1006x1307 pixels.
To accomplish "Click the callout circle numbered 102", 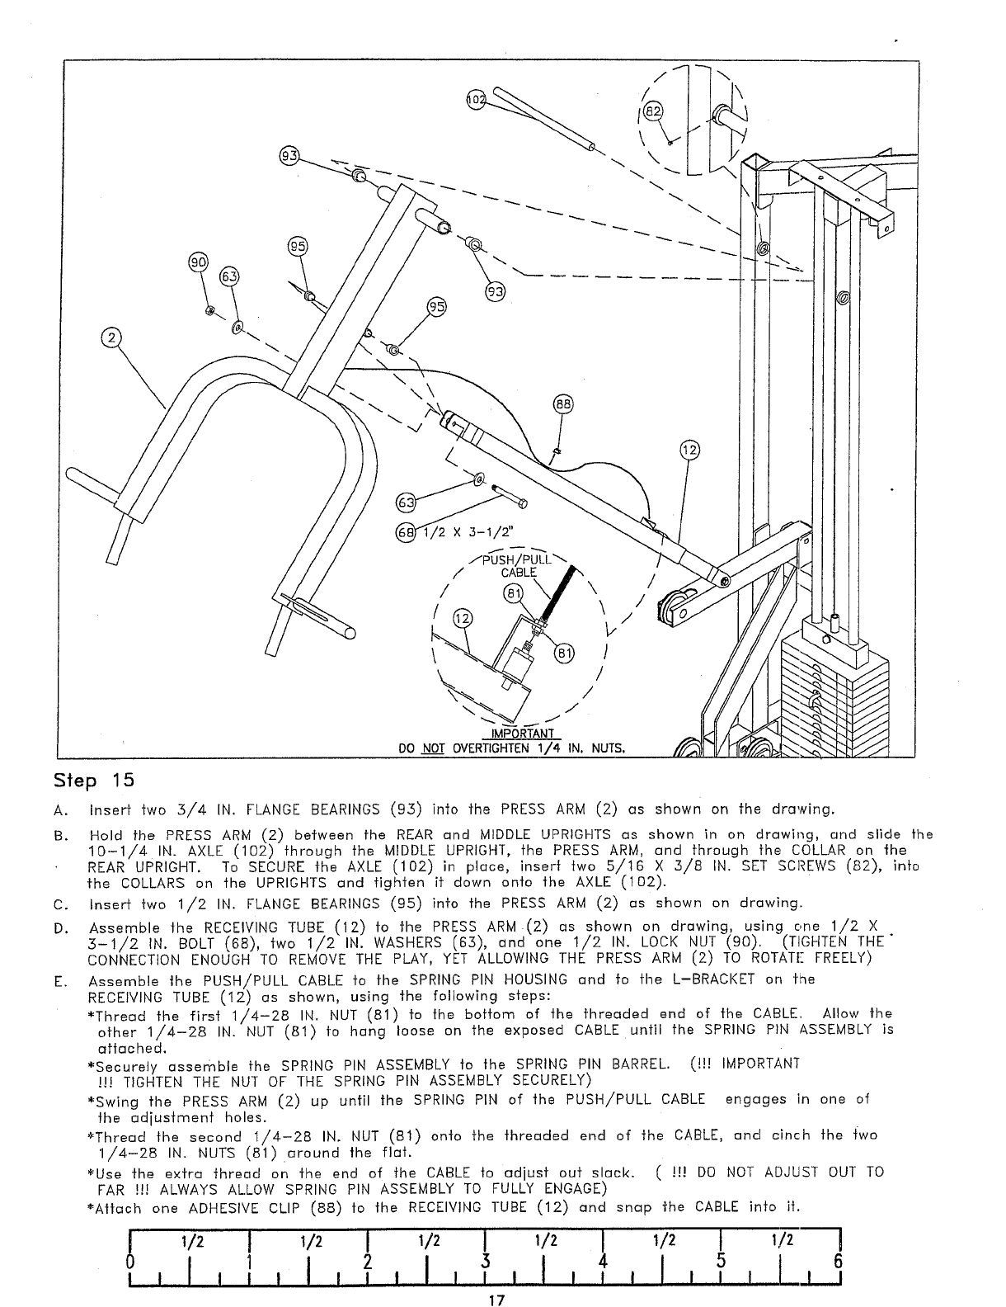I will click(477, 100).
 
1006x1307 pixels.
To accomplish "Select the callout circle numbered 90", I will click(199, 262).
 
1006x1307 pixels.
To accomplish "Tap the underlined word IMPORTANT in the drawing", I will click(521, 734).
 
